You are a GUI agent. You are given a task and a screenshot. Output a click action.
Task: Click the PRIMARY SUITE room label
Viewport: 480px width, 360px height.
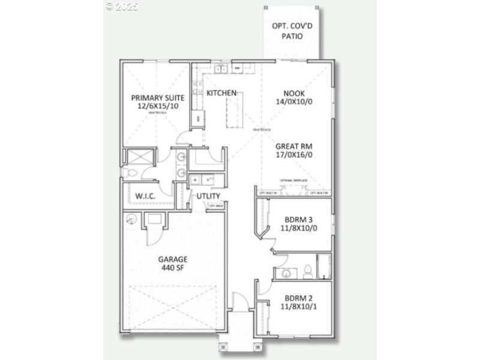pyautogui.click(x=157, y=98)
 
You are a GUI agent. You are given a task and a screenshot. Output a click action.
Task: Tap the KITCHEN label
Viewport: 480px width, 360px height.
pyautogui.click(x=221, y=93)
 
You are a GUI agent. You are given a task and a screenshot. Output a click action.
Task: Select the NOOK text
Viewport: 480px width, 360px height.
pyautogui.click(x=295, y=93)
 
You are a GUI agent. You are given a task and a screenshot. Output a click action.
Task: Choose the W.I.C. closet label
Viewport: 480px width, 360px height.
pyautogui.click(x=146, y=196)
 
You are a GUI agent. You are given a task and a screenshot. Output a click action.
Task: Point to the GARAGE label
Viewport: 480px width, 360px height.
pyautogui.click(x=173, y=259)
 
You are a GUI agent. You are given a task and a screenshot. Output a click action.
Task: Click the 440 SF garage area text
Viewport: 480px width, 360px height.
pyautogui.click(x=173, y=268)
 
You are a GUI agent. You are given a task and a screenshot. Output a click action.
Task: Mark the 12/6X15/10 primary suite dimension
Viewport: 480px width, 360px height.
pyautogui.click(x=157, y=106)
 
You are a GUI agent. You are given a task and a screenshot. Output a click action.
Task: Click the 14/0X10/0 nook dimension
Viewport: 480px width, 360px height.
pyautogui.click(x=295, y=102)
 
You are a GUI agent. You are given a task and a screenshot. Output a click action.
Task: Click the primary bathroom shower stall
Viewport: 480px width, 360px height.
pyautogui.click(x=140, y=157)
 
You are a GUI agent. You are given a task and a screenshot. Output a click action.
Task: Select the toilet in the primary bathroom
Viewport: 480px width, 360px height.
pyautogui.click(x=130, y=173)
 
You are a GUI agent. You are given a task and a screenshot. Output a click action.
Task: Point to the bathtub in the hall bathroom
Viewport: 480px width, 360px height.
pyautogui.click(x=323, y=267)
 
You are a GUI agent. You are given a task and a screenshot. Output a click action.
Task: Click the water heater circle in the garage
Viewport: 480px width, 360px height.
pyautogui.click(x=131, y=220)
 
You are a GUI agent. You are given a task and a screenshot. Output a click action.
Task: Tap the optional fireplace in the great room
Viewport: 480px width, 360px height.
pyautogui.click(x=293, y=190)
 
